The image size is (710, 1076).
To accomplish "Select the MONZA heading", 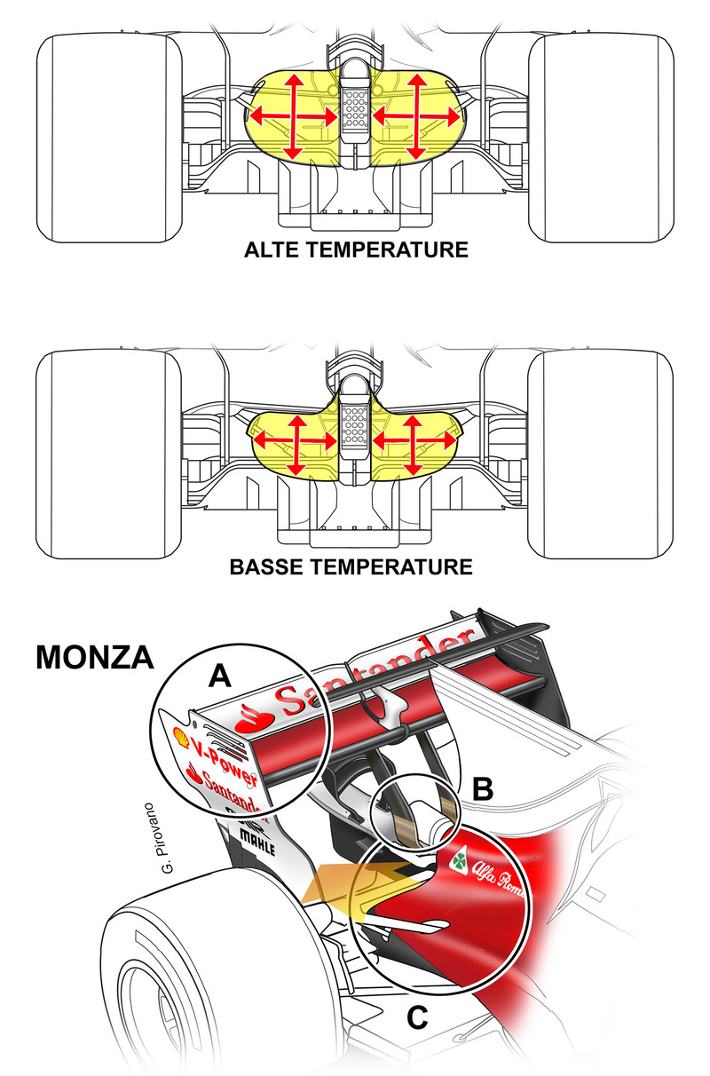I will [95, 658].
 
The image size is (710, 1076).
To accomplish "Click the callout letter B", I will [481, 787].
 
